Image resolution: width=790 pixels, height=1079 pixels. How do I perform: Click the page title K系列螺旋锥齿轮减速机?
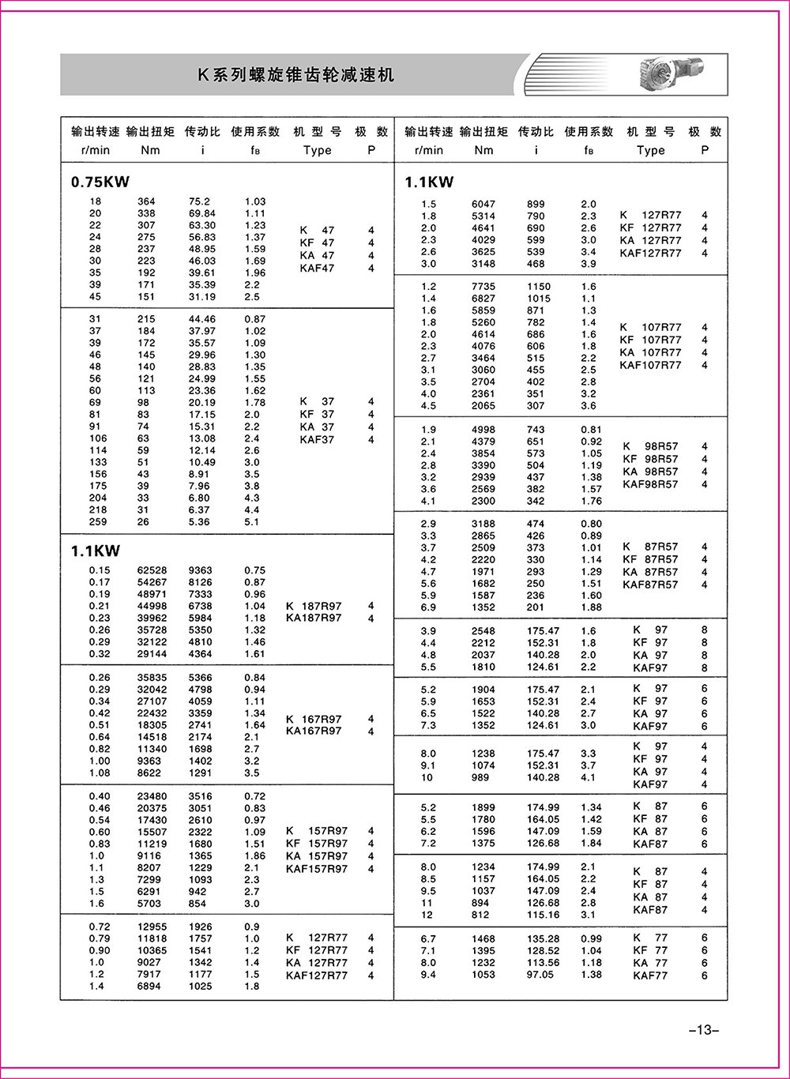(295, 76)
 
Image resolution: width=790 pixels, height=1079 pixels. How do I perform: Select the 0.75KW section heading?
(100, 182)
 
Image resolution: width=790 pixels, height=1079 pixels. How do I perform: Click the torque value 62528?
(152, 570)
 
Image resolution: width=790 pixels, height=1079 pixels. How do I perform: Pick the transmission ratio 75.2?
(200, 201)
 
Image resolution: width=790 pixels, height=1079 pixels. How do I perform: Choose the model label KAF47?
(317, 269)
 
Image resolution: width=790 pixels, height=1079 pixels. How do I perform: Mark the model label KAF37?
(317, 439)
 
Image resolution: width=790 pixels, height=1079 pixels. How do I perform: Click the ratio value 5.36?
(199, 522)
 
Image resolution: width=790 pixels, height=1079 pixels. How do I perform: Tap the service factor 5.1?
(251, 522)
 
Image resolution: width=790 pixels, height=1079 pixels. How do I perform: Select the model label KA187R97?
(314, 618)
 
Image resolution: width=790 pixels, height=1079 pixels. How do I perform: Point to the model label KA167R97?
(314, 731)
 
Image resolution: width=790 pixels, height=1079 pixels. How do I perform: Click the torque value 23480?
(152, 796)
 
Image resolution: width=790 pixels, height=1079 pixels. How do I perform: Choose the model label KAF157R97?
(317, 869)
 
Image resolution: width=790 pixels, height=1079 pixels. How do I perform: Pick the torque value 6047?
(483, 204)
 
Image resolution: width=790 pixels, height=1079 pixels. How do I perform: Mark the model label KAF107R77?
(650, 365)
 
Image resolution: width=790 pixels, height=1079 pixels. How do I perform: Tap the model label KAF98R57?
(650, 484)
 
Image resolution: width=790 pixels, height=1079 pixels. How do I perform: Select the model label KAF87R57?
(650, 585)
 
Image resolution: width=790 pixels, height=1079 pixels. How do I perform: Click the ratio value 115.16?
(543, 915)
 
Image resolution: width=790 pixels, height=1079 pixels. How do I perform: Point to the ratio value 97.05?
(540, 975)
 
